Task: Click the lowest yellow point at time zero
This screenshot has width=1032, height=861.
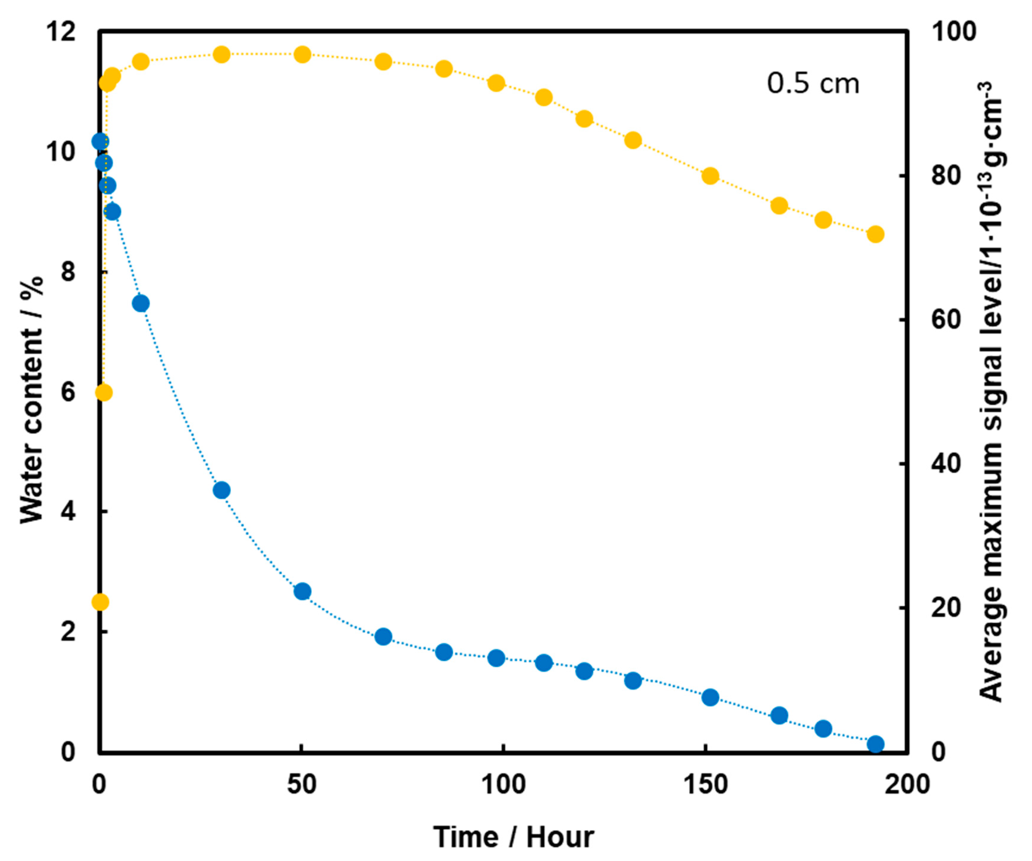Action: (x=100, y=602)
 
